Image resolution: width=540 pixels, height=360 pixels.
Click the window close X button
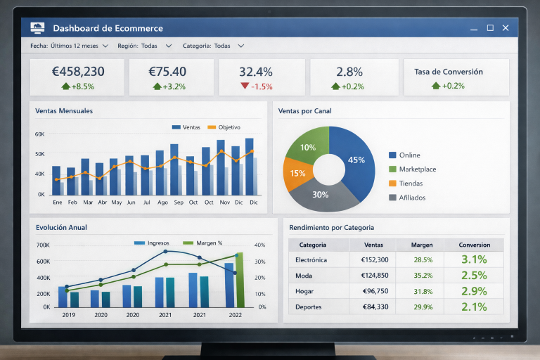(506, 28)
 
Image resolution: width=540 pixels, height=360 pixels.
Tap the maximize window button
(490, 28)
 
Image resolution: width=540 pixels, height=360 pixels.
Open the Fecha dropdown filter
(69, 46)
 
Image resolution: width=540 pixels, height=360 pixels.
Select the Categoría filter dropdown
(213, 46)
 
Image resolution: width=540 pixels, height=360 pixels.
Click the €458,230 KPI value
(78, 72)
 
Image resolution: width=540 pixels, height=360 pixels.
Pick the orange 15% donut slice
(297, 174)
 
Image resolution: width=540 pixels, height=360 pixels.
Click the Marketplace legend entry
(417, 169)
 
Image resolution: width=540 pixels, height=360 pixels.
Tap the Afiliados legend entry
(411, 198)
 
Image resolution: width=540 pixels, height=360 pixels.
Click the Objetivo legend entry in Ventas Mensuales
(224, 127)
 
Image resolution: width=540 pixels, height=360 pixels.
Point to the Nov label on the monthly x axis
(224, 202)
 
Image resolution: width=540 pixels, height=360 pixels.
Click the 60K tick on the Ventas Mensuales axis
(39, 134)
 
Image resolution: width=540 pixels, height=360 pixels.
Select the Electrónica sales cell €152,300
(373, 260)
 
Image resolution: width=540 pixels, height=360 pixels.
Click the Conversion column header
(474, 245)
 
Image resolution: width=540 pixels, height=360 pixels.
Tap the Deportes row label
(309, 307)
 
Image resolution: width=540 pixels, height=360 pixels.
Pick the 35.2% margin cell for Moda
(423, 276)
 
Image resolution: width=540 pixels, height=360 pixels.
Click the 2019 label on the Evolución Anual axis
(68, 315)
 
